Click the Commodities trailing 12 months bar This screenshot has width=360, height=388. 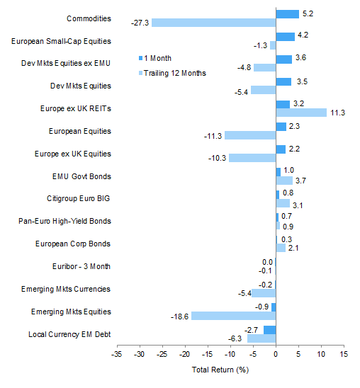(x=213, y=23)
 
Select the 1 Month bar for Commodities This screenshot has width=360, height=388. (x=287, y=13)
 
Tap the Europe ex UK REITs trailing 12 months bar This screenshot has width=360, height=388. (x=301, y=113)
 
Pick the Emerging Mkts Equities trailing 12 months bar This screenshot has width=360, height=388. (x=233, y=316)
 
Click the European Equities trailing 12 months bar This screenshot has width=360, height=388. (x=249, y=135)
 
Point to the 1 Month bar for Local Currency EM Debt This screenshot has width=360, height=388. (x=269, y=329)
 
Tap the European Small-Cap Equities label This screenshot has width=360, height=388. (x=62, y=41)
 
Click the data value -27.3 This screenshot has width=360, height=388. (x=141, y=23)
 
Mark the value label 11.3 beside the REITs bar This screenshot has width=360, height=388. (x=337, y=113)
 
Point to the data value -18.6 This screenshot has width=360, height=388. (x=181, y=316)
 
